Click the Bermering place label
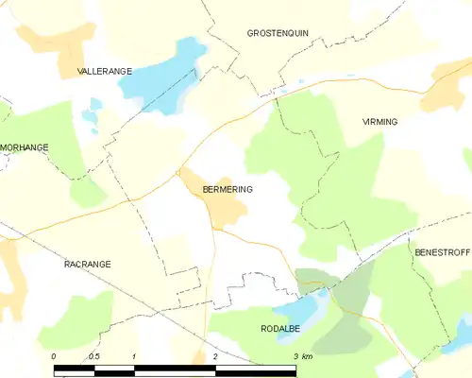click(x=228, y=189)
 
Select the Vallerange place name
click(x=104, y=71)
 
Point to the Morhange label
click(x=24, y=147)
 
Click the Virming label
click(x=380, y=122)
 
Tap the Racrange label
click(x=87, y=265)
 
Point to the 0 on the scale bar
click(x=55, y=356)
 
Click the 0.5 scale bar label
click(x=93, y=356)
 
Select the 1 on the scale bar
click(x=135, y=356)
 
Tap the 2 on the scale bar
click(x=215, y=356)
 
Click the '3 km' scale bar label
click(x=302, y=356)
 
